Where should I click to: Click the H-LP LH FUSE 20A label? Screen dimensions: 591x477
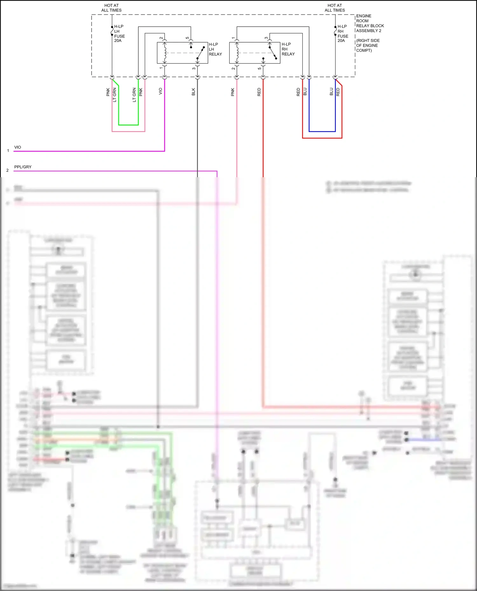(x=119, y=33)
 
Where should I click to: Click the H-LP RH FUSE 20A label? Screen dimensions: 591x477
(x=342, y=33)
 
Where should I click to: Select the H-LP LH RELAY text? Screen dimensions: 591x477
(x=215, y=49)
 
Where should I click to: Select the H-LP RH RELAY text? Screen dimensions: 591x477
(x=288, y=49)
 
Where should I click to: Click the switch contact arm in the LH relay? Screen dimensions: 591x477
(x=201, y=53)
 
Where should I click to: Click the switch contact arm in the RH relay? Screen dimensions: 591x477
(x=273, y=53)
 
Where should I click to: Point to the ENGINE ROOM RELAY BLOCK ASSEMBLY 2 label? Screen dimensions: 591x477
(x=370, y=23)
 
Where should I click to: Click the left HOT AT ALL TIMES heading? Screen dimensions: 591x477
(x=111, y=8)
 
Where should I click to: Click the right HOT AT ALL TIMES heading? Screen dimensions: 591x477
(x=335, y=8)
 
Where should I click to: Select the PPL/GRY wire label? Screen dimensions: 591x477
(x=23, y=167)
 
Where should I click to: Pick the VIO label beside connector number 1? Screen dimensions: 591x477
(x=18, y=147)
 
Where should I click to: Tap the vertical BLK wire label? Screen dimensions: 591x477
(x=193, y=92)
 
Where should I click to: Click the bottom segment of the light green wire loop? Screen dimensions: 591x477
(x=128, y=125)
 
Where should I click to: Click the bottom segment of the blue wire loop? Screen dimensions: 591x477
(x=322, y=131)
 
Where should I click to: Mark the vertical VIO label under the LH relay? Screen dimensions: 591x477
(x=160, y=91)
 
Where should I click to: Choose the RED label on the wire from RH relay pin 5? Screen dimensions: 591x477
(x=259, y=92)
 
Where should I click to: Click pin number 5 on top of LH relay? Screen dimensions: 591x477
(x=187, y=38)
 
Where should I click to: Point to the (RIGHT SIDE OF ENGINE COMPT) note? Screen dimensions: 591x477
(x=368, y=45)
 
